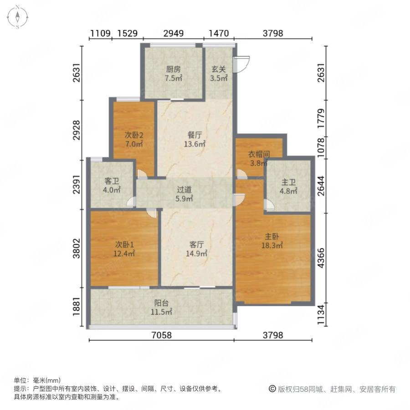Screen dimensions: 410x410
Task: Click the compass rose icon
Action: (x=17, y=17)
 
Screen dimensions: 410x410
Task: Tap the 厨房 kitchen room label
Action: (x=174, y=69)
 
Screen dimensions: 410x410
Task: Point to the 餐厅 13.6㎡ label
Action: (x=195, y=139)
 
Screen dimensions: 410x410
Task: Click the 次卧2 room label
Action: (x=133, y=135)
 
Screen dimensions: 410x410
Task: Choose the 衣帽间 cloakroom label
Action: (x=259, y=154)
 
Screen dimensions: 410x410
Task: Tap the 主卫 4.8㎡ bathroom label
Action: (x=288, y=186)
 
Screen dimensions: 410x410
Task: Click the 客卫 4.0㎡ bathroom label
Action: (x=112, y=185)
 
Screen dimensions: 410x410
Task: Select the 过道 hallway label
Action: (x=184, y=190)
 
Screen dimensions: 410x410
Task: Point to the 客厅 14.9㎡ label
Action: (x=197, y=249)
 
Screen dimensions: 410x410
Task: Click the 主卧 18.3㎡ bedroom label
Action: (x=272, y=241)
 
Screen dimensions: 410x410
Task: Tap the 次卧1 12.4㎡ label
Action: (x=124, y=249)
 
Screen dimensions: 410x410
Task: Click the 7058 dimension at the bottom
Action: (x=162, y=335)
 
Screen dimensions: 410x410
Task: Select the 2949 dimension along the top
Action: (x=174, y=33)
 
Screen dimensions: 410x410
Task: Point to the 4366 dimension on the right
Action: (x=321, y=258)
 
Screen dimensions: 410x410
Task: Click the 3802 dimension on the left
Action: (x=77, y=248)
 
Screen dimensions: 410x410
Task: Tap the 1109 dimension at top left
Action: (x=100, y=33)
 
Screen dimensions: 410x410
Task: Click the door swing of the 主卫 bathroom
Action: (x=269, y=205)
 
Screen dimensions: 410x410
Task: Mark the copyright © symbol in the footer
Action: (x=272, y=389)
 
